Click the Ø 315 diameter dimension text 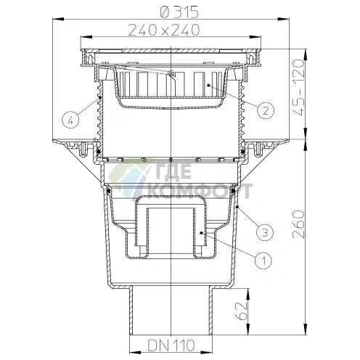click(x=179, y=12)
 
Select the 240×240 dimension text click(x=164, y=30)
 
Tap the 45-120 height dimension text click(x=298, y=88)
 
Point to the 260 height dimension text click(x=298, y=224)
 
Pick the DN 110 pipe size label click(x=171, y=345)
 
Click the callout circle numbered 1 click(x=263, y=261)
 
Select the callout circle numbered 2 click(x=266, y=110)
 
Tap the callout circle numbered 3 click(x=265, y=232)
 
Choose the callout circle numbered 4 click(x=70, y=120)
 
